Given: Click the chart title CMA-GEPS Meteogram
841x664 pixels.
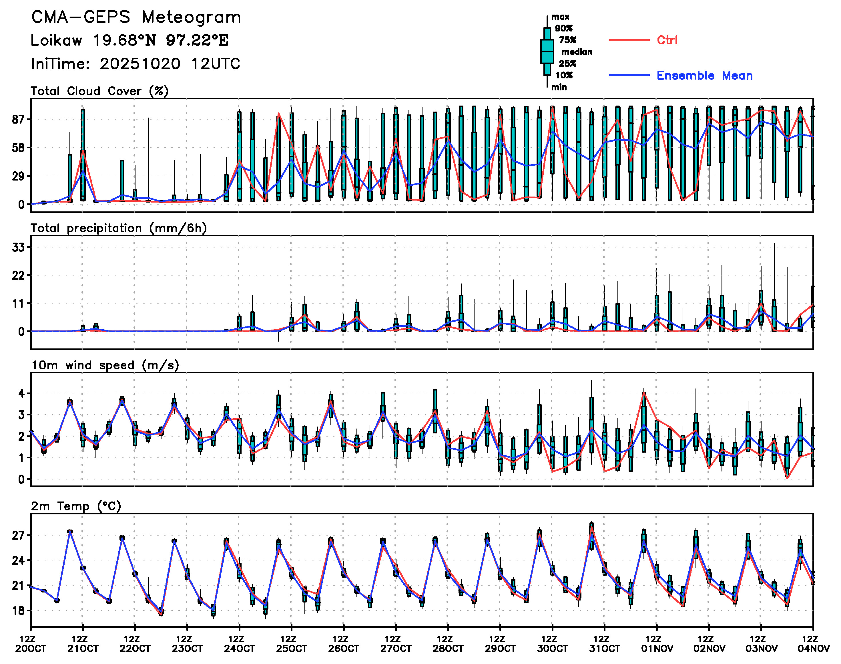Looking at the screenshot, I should (x=136, y=17).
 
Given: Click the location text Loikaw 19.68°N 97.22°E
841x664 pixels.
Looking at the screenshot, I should (x=129, y=40).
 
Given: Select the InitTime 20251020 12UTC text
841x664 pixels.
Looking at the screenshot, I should (x=135, y=64).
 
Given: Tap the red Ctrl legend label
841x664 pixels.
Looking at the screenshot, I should (x=667, y=40).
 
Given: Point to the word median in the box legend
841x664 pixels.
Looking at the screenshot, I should (x=577, y=52).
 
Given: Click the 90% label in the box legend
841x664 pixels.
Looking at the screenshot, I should (x=563, y=28).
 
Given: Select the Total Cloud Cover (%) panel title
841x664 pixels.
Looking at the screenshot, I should (x=99, y=91).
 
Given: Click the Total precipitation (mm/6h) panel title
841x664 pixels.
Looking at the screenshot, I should (x=118, y=228).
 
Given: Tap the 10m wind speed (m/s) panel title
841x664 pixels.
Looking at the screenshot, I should (x=105, y=365).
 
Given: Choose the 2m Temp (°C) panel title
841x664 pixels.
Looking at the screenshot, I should (x=76, y=506).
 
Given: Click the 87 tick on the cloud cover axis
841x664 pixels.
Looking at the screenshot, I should (x=18, y=119).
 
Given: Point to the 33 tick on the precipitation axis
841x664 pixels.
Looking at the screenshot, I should (x=18, y=247).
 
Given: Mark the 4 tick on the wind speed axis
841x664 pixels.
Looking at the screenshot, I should (x=21, y=393).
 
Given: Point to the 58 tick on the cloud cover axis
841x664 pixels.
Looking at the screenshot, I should (x=18, y=148).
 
